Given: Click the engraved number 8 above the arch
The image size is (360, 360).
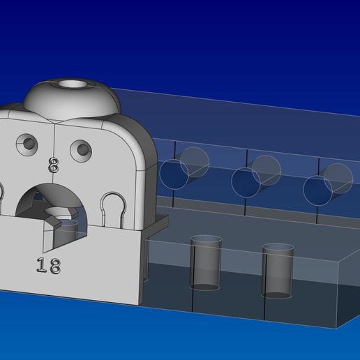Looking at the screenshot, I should coord(54,165).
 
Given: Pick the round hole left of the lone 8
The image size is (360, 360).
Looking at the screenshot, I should coord(29,144).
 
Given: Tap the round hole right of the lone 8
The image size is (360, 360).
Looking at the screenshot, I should coord(81,149).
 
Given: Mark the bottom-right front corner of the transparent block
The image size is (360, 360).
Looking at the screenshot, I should coord(338,327).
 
